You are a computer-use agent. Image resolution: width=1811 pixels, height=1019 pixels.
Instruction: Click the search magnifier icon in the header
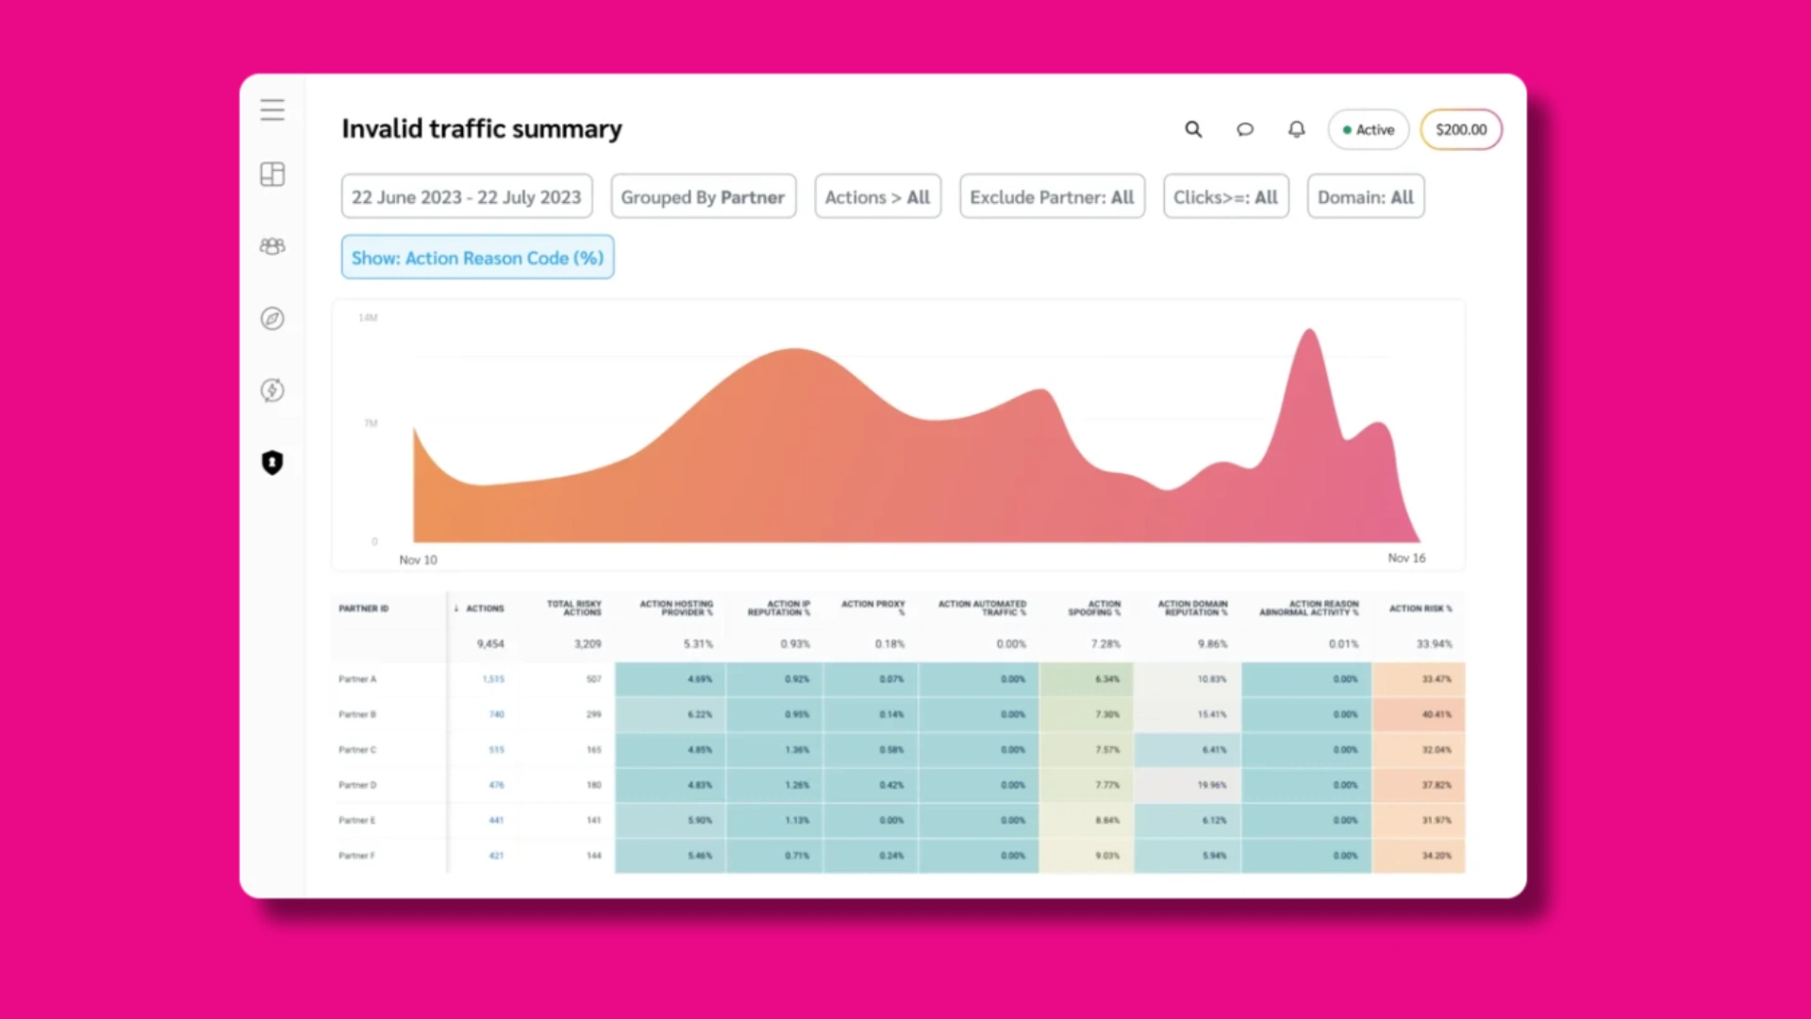(1193, 129)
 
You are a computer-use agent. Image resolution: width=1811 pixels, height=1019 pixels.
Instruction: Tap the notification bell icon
(1297, 129)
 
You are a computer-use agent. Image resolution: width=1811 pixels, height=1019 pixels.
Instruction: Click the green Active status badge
(1368, 129)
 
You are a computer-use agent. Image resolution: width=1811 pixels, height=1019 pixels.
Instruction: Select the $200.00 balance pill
(1460, 129)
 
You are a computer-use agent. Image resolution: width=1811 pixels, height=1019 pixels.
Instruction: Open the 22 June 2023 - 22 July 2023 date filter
(466, 196)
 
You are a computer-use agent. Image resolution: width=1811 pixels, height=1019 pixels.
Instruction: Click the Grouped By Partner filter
(703, 196)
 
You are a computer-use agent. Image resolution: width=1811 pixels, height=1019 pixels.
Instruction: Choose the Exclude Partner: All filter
(1052, 196)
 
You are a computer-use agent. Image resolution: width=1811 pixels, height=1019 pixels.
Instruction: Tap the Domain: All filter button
(1365, 196)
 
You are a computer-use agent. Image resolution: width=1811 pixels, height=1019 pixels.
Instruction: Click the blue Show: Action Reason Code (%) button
(477, 257)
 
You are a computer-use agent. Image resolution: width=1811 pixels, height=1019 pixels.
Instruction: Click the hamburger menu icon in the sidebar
(273, 109)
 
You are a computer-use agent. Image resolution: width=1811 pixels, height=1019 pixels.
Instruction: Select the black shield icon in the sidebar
(273, 462)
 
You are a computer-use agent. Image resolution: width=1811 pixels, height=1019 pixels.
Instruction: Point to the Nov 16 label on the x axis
(1406, 559)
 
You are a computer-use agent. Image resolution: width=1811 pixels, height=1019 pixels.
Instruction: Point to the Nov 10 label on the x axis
(418, 560)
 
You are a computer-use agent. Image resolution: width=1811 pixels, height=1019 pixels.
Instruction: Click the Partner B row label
(357, 714)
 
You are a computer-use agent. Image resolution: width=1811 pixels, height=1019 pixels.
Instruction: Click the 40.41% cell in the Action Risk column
(1436, 714)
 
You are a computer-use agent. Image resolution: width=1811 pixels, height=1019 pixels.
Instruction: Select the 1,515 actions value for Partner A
(493, 679)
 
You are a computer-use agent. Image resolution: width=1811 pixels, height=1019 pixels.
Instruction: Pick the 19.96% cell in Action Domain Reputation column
(1211, 785)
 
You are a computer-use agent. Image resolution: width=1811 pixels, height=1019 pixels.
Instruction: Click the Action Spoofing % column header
(1094, 608)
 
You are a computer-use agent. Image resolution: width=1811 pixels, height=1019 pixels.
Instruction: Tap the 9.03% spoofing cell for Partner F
(1106, 856)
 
